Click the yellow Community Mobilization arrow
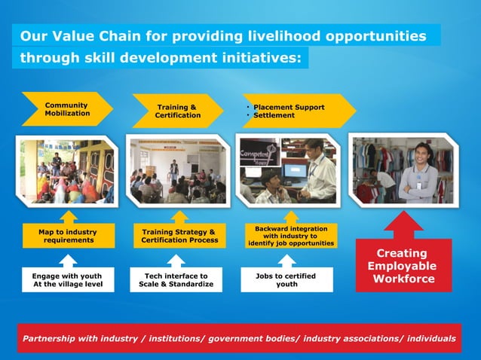tap(66, 109)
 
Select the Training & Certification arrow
tap(177, 111)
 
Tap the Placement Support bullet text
tap(289, 107)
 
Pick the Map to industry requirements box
tap(68, 235)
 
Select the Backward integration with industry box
tap(290, 236)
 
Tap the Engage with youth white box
tap(67, 280)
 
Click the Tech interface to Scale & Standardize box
tap(176, 280)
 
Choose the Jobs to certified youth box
tap(286, 280)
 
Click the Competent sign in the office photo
tap(257, 154)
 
